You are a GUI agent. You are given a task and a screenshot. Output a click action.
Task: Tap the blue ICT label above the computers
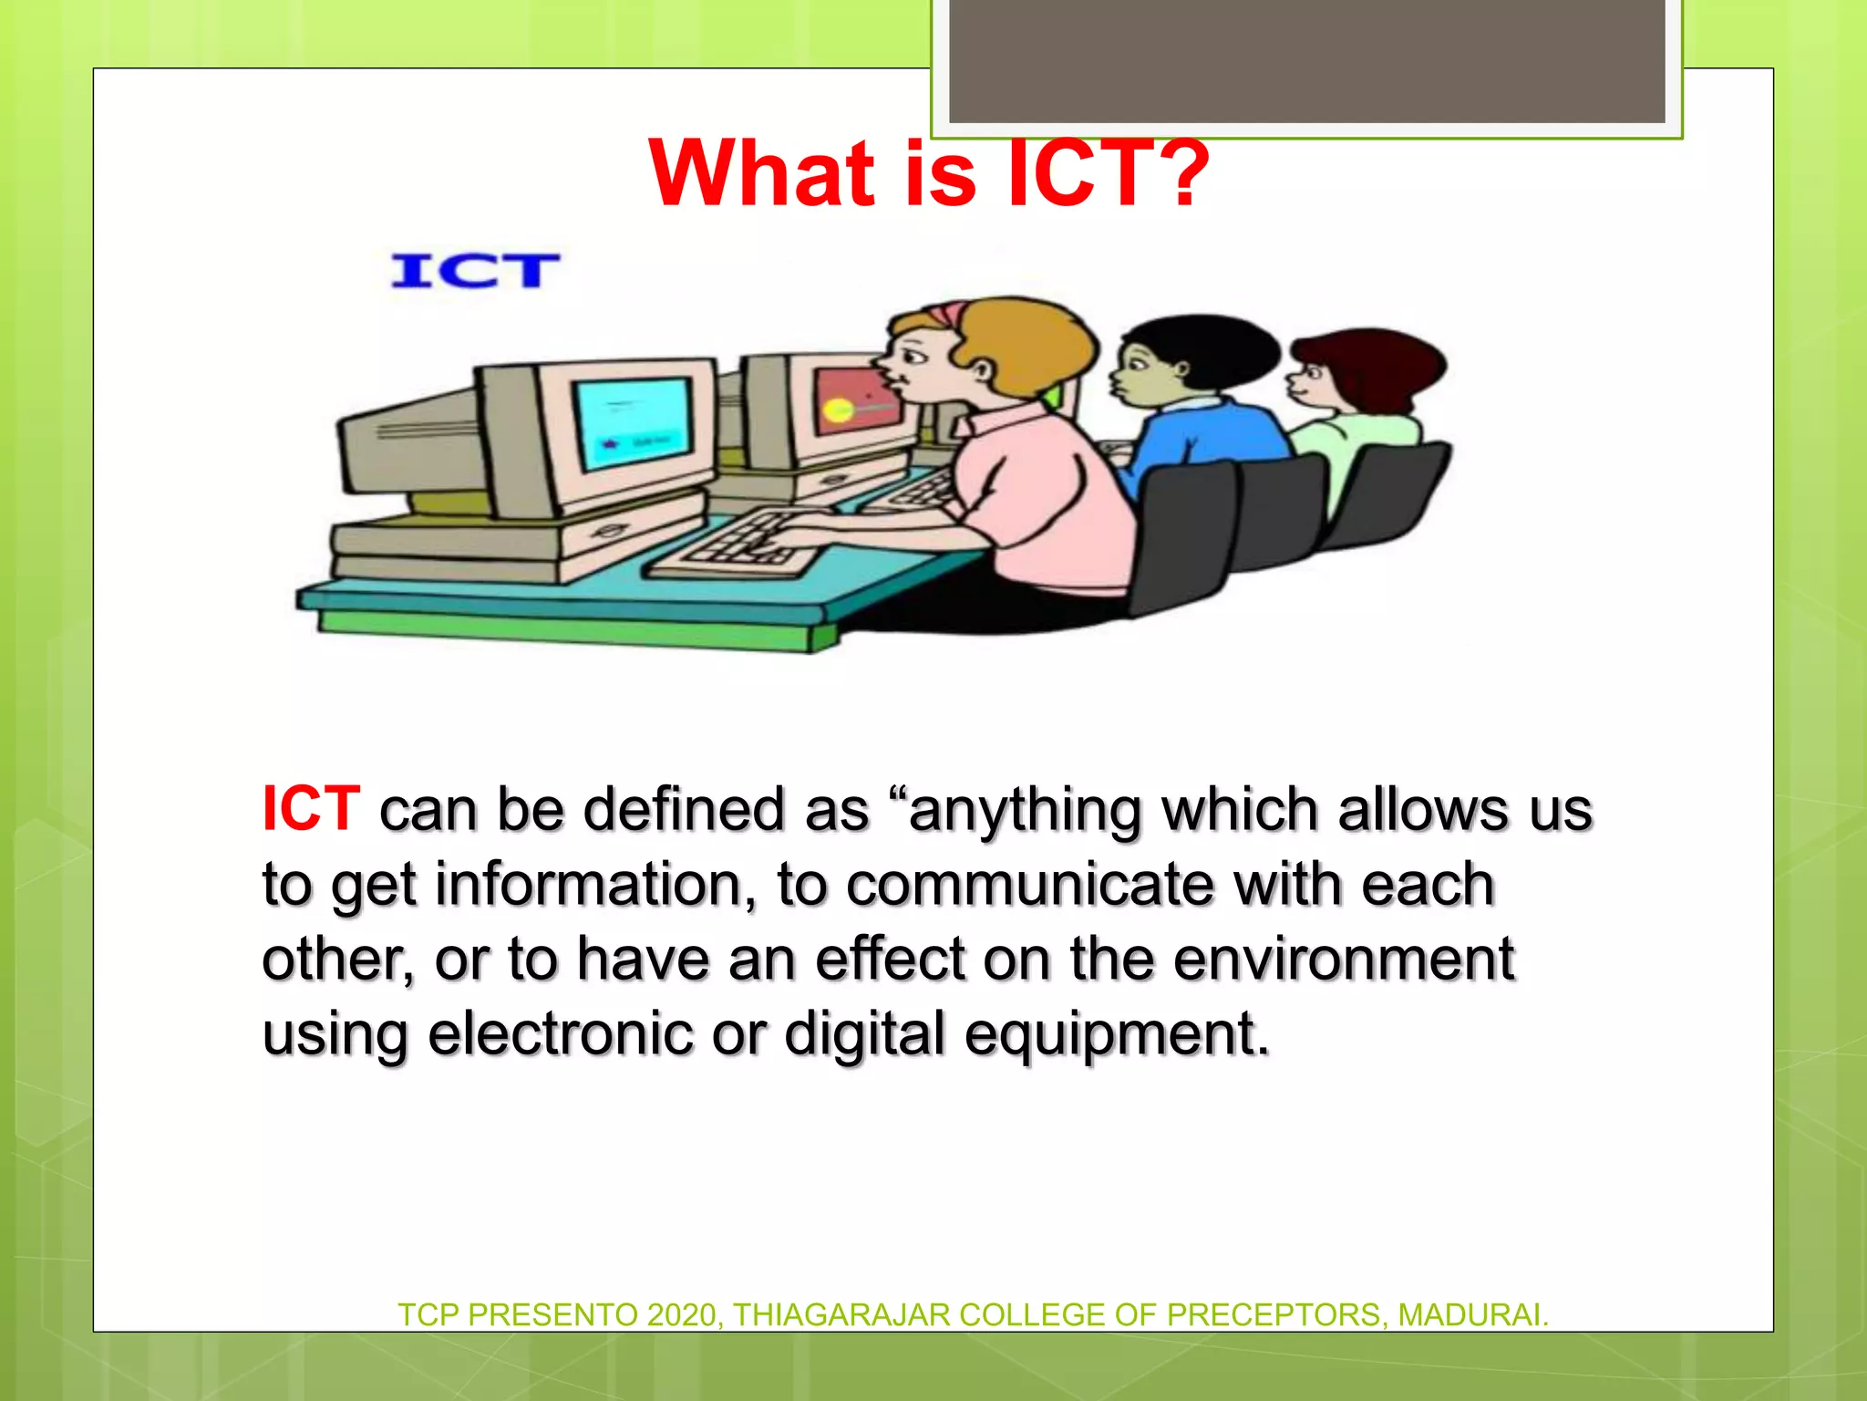474,271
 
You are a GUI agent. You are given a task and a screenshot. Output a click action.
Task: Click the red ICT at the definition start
311,808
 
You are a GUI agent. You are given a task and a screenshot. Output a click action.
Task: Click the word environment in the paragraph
1343,960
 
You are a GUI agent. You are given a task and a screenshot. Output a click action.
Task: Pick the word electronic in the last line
560,1034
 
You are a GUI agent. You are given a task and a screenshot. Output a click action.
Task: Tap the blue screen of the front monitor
632,421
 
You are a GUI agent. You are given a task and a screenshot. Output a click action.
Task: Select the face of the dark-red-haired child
1308,383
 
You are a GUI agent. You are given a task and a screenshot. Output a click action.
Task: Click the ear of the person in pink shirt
983,370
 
